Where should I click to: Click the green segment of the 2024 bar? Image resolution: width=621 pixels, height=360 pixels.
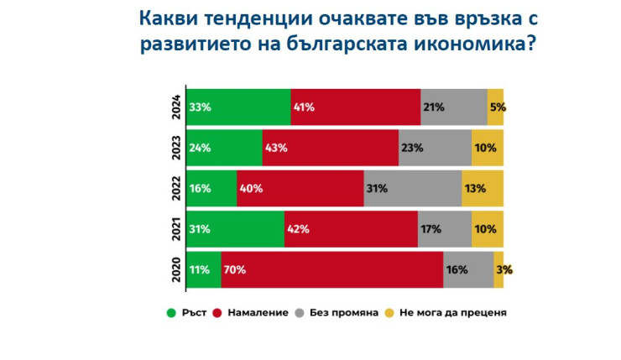238,107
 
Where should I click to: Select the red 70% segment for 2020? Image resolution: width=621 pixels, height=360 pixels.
332,270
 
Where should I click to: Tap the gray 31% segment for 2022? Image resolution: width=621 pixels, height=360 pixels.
412,188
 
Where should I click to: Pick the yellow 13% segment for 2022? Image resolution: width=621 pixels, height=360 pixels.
483,188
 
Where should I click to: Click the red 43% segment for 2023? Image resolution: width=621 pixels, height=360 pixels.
330,148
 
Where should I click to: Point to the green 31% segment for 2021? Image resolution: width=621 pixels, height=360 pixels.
235,229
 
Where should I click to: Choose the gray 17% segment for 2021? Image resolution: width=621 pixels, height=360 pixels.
445,229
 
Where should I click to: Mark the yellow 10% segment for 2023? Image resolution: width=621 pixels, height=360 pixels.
488,148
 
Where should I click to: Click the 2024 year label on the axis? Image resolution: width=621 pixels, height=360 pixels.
175,107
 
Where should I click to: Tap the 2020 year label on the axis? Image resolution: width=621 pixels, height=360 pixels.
175,270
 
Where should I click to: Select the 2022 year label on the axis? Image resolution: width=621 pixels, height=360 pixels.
175,188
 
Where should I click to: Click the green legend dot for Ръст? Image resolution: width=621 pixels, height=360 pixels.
171,313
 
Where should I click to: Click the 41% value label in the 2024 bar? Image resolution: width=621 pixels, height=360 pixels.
303,107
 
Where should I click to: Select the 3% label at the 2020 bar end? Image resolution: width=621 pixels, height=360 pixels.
504,270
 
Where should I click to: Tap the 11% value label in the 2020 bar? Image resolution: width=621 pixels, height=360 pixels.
199,270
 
